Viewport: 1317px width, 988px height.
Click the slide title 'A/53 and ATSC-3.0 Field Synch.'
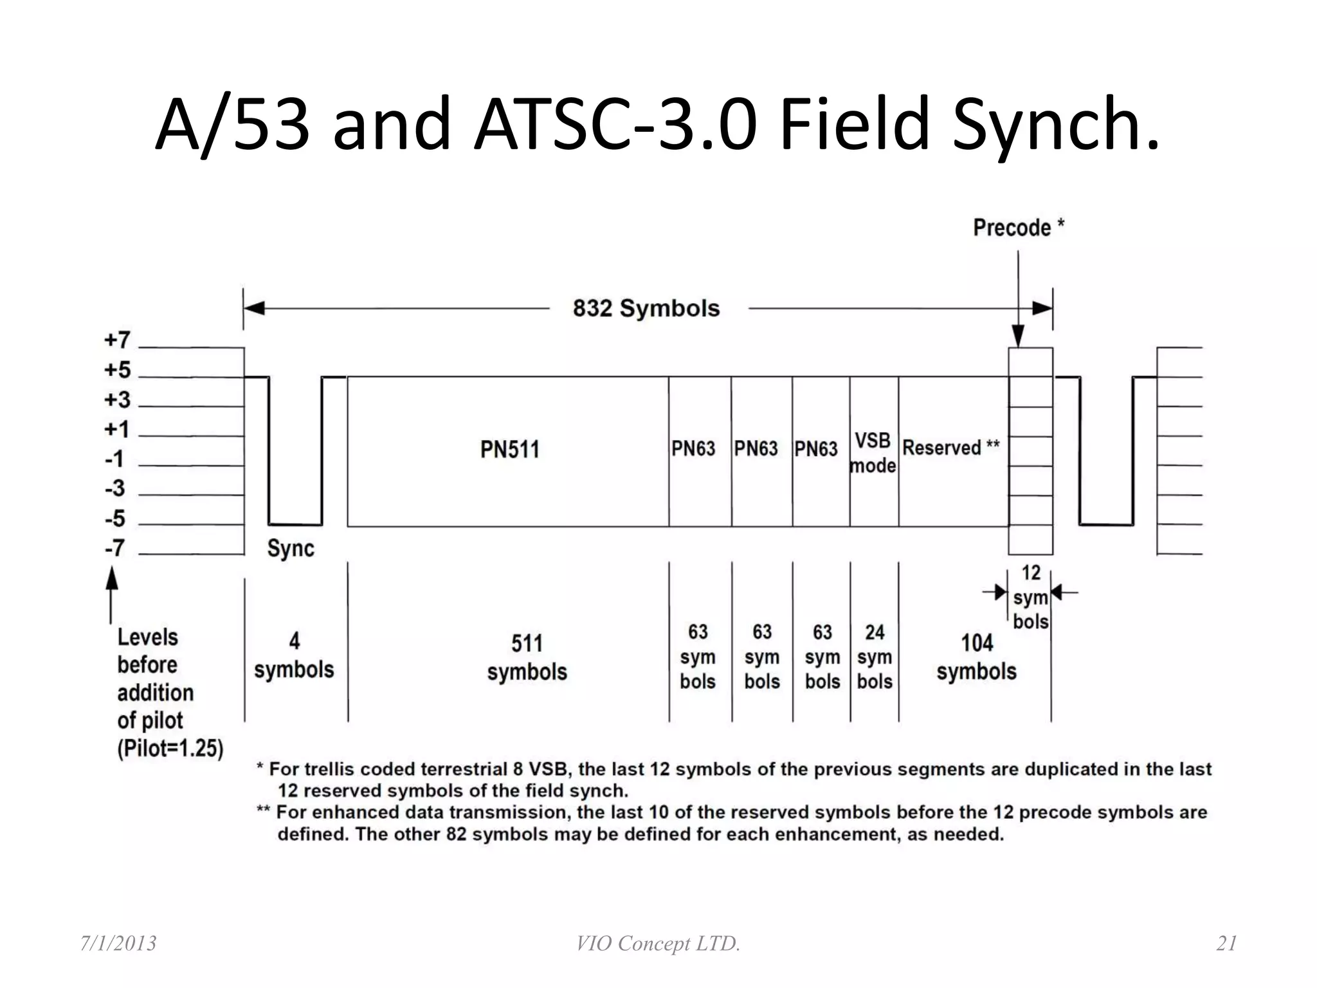click(x=657, y=123)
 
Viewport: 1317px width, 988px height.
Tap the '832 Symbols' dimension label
click(x=646, y=309)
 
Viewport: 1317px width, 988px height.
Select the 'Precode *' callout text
click(x=1019, y=228)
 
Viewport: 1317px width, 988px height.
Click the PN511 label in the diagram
click(x=509, y=450)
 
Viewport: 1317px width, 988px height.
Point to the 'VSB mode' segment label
click(x=873, y=453)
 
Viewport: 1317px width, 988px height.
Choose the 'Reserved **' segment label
click(x=951, y=448)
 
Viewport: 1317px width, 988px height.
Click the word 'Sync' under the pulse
click(x=291, y=549)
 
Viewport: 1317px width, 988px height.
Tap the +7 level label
click(x=118, y=340)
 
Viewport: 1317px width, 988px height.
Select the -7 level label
click(x=116, y=549)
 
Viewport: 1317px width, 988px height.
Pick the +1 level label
click(x=117, y=430)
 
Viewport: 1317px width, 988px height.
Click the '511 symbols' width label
click(x=527, y=657)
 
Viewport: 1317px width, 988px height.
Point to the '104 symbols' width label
click(x=976, y=657)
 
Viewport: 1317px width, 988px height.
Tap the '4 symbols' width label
click(x=294, y=655)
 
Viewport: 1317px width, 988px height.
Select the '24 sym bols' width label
click(x=875, y=657)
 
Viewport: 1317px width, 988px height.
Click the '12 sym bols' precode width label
click(x=1031, y=597)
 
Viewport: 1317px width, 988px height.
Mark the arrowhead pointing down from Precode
click(x=1018, y=336)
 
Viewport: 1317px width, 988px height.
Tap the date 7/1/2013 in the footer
click(x=118, y=944)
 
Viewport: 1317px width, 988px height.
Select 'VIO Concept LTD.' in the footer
click(x=658, y=944)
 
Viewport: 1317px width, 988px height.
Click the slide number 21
click(x=1226, y=944)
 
